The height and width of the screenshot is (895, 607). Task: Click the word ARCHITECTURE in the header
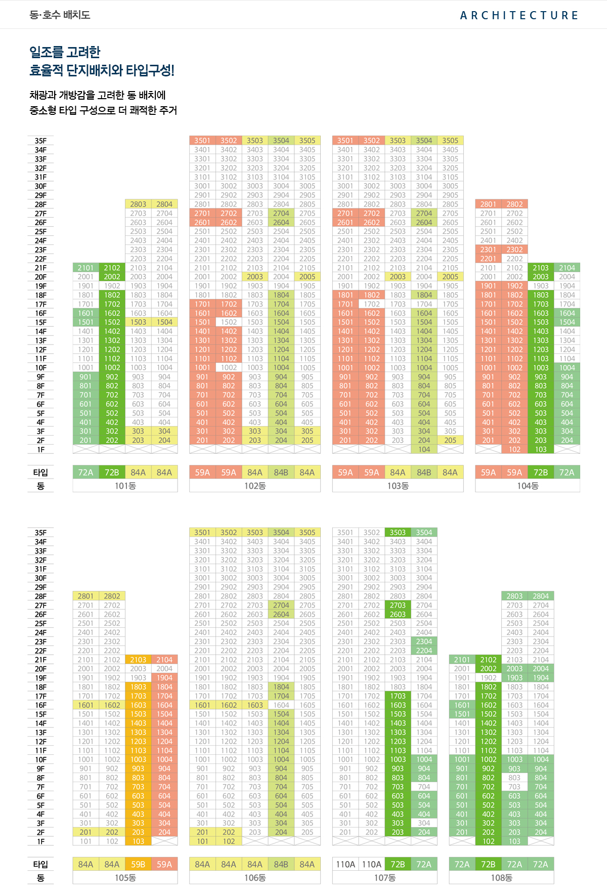coord(519,15)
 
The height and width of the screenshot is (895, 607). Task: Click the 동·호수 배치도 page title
coord(60,15)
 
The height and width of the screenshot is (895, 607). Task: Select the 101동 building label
coord(125,486)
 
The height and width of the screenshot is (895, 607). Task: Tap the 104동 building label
coord(528,486)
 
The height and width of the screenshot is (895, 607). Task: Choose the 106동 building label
coord(255,878)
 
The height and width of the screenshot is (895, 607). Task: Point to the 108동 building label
coord(501,878)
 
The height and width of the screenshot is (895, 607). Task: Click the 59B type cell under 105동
coord(138,864)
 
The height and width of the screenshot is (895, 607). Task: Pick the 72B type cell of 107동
coord(398,864)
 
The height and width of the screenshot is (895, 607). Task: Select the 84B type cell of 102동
coord(281,472)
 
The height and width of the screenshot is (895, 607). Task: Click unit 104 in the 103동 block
coord(424,449)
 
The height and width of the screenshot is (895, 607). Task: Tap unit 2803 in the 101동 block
coord(138,204)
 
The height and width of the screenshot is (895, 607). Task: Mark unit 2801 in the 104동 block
coord(488,204)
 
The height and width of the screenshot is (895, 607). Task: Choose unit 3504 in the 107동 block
coord(424,532)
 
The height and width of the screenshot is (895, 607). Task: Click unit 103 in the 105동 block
coord(138,841)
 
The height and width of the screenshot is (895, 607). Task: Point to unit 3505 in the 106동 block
coord(307,532)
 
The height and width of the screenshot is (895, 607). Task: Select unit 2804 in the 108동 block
coord(541,596)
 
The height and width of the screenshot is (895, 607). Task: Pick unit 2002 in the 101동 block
coord(112,277)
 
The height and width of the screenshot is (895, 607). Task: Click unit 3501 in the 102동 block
coord(202,140)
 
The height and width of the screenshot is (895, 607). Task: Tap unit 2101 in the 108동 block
coord(462,659)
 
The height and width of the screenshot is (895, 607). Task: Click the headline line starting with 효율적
coord(102,70)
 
